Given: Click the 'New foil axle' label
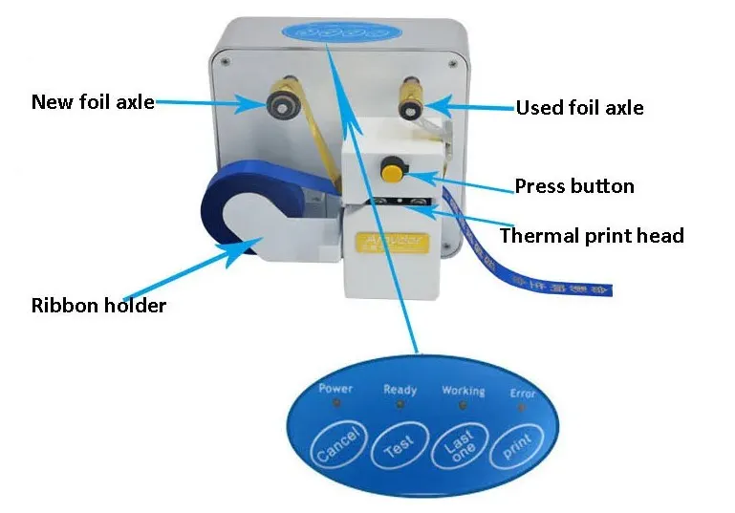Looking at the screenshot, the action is pos(93,101).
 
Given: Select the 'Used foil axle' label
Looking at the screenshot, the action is pos(579,107).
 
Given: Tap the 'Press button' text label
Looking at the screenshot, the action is pos(574,185).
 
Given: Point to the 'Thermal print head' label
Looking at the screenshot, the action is pos(592,234).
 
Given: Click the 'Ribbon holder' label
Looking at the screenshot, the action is pos(98,306).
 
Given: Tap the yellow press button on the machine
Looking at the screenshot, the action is pos(392,170).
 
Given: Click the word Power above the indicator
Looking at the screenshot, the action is pos(335,389).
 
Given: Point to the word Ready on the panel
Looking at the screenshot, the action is pos(400,389).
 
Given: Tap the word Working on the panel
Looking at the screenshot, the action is pos(463,391).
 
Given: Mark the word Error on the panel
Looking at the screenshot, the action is pos(522,393).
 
